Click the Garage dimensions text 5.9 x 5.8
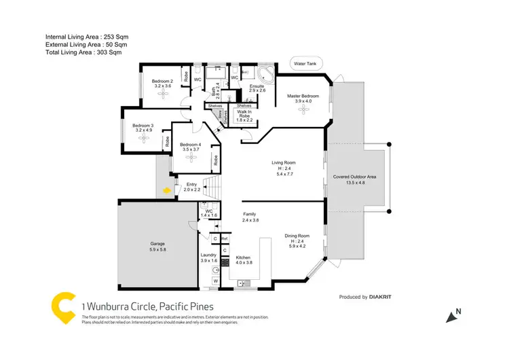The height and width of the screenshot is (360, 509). coord(157,249)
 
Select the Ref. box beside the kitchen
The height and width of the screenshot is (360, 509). coord(223,238)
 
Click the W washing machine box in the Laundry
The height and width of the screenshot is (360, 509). coord(216,281)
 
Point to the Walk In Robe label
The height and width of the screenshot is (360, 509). coord(244,114)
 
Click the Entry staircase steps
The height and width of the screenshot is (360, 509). coord(213,185)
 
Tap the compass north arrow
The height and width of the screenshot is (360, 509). coord(450,314)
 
